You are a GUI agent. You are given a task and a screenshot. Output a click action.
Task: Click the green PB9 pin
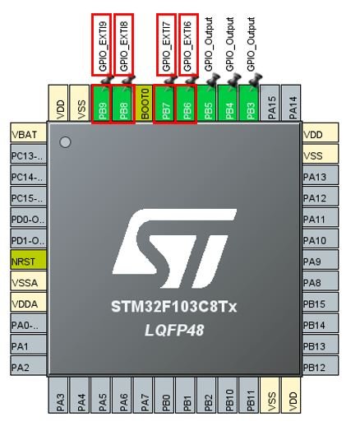(x=102, y=104)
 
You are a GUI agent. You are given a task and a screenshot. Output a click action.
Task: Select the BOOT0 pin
(x=145, y=104)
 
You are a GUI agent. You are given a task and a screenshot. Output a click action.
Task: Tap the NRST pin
(x=28, y=261)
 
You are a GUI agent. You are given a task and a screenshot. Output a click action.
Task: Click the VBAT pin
(x=28, y=133)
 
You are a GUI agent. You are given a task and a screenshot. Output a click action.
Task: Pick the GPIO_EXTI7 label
(x=166, y=45)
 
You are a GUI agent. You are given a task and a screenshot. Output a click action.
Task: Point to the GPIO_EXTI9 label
(x=103, y=45)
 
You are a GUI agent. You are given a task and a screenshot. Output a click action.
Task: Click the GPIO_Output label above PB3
(x=251, y=44)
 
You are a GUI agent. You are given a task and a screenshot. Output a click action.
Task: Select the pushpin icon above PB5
(x=212, y=79)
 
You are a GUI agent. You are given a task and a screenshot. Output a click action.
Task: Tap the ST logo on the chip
(x=174, y=248)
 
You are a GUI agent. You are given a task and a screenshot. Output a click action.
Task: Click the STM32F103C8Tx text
(x=174, y=307)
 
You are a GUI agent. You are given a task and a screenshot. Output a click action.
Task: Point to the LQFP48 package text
(x=174, y=330)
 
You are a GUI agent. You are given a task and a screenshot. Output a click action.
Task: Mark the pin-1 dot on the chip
(x=65, y=142)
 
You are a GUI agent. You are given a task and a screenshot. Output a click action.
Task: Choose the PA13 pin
(x=321, y=176)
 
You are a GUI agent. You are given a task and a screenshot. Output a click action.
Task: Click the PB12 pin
(x=321, y=366)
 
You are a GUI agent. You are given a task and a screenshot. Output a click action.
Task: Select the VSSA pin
(x=28, y=281)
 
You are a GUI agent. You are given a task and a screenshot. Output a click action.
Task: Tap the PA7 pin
(x=145, y=395)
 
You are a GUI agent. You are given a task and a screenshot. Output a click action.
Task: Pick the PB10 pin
(x=229, y=395)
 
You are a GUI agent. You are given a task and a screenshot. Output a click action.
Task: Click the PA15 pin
(x=271, y=104)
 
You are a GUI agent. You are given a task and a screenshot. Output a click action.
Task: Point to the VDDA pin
(x=28, y=303)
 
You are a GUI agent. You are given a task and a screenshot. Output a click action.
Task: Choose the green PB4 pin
(x=229, y=104)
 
